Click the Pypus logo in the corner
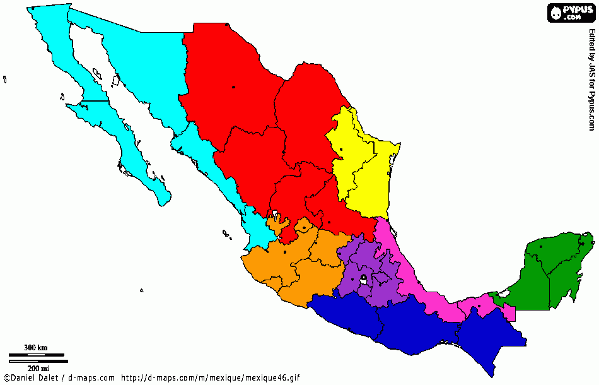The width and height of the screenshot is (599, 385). coord(571,13)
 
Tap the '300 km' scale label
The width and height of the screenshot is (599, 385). coord(35,348)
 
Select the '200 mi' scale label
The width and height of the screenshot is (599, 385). coord(38,368)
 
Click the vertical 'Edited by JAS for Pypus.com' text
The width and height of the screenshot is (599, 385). coord(591,79)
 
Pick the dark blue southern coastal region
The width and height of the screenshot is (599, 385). coord(404,325)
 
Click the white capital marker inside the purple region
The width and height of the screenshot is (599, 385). coord(364,278)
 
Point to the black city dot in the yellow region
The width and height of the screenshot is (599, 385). coord(340,150)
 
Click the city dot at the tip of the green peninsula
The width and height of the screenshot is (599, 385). coord(583,244)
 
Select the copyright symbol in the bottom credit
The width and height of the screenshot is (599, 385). coord(6,378)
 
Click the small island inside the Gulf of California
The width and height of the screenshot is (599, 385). coord(116,81)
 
